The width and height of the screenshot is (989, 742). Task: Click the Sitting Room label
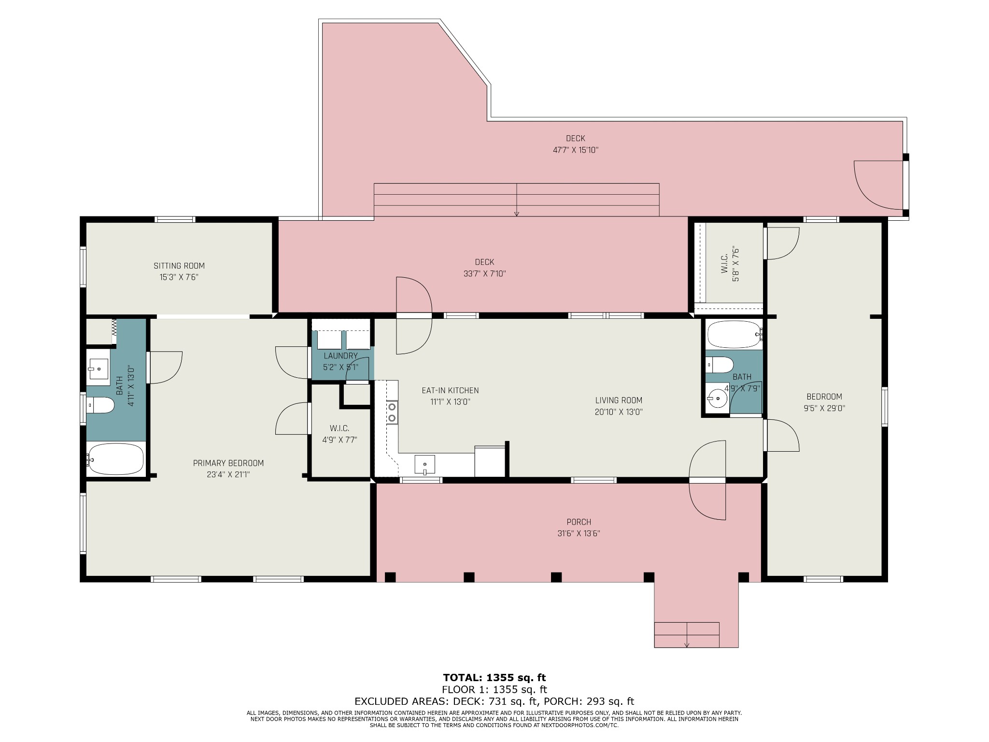click(179, 266)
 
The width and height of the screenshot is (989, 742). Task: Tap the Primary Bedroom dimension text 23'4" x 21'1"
click(228, 474)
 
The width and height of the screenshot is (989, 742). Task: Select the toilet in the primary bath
click(100, 405)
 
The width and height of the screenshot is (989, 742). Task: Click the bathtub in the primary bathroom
click(115, 459)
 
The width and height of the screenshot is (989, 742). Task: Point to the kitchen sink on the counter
click(424, 464)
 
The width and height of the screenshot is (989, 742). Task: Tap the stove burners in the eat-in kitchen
click(392, 412)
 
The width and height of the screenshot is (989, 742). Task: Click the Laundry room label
click(340, 356)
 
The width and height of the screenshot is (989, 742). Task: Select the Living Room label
click(619, 400)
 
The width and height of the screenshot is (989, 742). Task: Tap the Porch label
click(579, 522)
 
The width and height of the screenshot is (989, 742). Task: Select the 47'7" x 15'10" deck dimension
click(576, 150)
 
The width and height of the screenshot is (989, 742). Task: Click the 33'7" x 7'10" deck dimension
click(484, 273)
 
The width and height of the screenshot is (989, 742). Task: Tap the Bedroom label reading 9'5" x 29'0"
click(823, 402)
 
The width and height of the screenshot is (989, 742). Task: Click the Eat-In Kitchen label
click(450, 390)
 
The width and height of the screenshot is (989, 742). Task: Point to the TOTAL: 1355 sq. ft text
click(494, 677)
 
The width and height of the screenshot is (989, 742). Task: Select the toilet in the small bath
click(720, 365)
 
